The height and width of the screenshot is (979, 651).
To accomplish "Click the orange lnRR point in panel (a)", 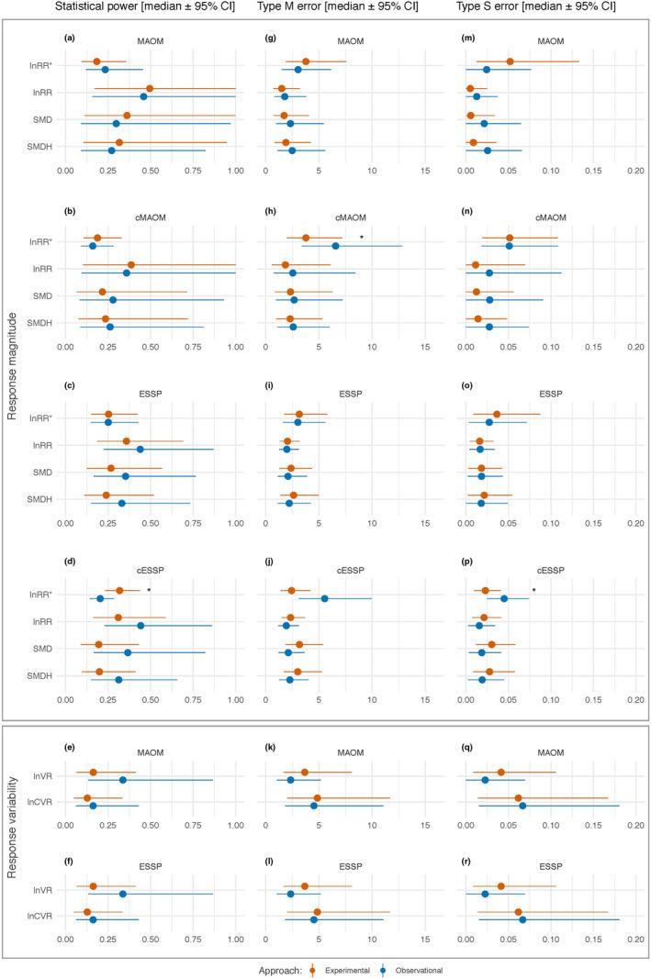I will (150, 89).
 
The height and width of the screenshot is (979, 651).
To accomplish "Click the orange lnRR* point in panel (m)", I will (510, 61).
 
